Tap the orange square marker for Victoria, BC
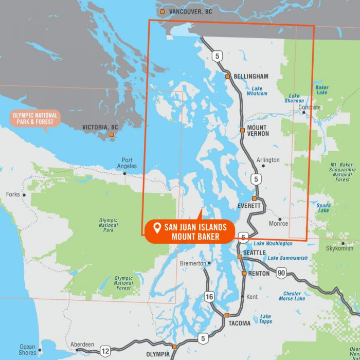tap(111, 135)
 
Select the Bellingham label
tap(251, 76)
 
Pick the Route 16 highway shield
tap(209, 297)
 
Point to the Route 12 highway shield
tap(105, 351)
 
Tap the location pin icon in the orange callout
tap(157, 227)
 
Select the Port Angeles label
tap(127, 163)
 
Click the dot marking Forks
tap(24, 195)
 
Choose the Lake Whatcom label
tap(257, 91)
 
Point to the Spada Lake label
tap(323, 207)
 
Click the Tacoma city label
tap(239, 323)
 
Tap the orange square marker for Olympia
tap(174, 347)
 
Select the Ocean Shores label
tap(27, 350)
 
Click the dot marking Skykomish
tap(343, 243)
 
